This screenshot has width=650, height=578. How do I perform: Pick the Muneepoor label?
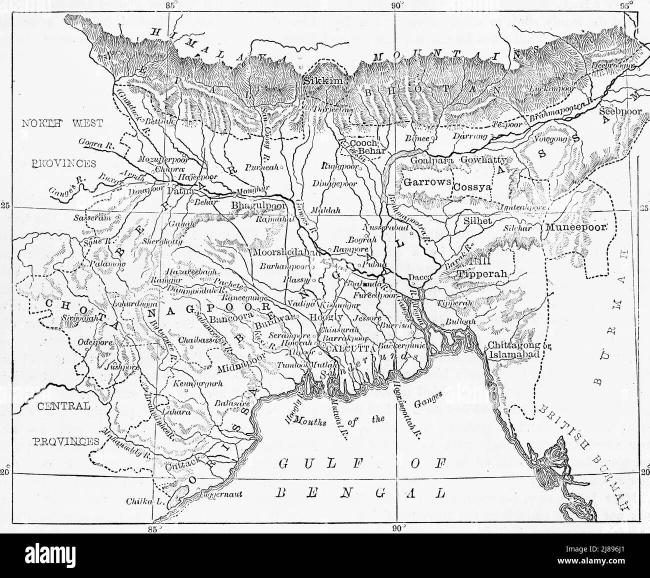click(576, 226)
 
